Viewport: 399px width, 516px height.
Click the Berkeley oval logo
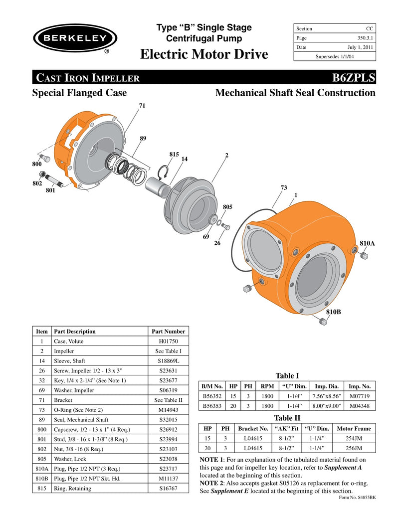click(75, 38)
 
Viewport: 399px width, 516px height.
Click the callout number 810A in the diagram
click(367, 243)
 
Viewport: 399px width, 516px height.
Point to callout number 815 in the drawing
click(174, 155)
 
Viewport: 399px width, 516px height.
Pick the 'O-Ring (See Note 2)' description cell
click(78, 409)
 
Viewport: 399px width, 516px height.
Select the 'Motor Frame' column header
click(354, 428)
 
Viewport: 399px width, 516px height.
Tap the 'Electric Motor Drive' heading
click(204, 54)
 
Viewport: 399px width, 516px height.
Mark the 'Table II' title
click(287, 418)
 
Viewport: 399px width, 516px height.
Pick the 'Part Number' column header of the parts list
click(168, 331)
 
